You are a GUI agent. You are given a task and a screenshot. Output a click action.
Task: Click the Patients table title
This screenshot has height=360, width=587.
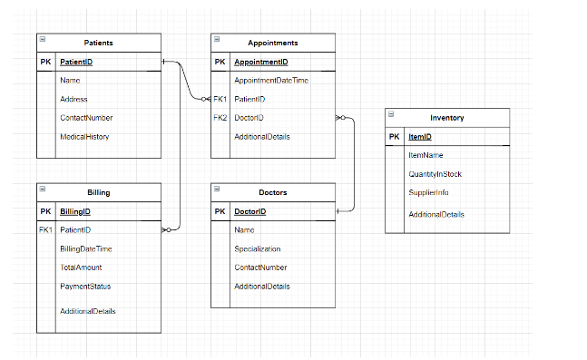pyautogui.click(x=98, y=43)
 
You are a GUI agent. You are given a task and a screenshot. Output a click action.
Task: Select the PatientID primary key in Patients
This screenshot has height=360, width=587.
pyautogui.click(x=75, y=62)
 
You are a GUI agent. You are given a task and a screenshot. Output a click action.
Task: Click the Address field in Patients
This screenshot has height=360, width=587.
pyautogui.click(x=73, y=99)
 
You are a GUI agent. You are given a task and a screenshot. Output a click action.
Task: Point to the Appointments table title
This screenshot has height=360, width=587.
pyautogui.click(x=272, y=43)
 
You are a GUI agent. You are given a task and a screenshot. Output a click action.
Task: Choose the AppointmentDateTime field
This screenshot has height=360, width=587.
pyautogui.click(x=270, y=81)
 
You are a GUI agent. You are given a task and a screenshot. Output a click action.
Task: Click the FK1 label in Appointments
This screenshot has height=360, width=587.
pyautogui.click(x=220, y=99)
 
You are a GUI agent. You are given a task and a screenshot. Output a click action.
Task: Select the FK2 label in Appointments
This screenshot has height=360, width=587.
pyautogui.click(x=220, y=118)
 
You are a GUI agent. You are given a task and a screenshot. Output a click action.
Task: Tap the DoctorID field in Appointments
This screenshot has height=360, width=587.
pyautogui.click(x=249, y=118)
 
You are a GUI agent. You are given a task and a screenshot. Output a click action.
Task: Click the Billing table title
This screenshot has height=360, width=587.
pyautogui.click(x=98, y=192)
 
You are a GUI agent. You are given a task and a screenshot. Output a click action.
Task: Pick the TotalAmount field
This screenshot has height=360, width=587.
pyautogui.click(x=81, y=268)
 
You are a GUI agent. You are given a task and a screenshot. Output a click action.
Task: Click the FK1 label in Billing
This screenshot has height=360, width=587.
pyautogui.click(x=45, y=230)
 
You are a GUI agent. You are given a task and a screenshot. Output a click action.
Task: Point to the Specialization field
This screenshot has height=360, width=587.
pyautogui.click(x=257, y=249)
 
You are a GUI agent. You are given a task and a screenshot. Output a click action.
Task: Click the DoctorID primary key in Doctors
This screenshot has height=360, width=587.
pyautogui.click(x=249, y=211)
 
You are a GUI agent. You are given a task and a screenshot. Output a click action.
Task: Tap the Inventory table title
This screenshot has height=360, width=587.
pyautogui.click(x=446, y=118)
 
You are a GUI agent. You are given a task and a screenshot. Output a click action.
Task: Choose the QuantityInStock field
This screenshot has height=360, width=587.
pyautogui.click(x=435, y=174)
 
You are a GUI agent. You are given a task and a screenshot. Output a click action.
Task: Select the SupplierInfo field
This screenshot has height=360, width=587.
pyautogui.click(x=428, y=193)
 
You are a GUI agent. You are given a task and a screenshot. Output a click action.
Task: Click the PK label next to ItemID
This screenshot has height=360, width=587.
pyautogui.click(x=394, y=137)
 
